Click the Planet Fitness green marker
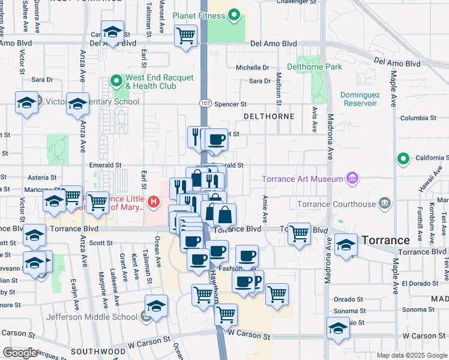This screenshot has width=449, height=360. pyautogui.click(x=235, y=15)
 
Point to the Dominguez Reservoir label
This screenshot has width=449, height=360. pyautogui.click(x=359, y=99)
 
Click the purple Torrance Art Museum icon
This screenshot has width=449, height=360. pyautogui.click(x=352, y=178)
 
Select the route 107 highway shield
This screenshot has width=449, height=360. pyautogui.click(x=205, y=104)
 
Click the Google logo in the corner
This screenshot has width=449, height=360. pyautogui.click(x=20, y=353)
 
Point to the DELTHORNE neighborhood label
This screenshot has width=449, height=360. pyautogui.click(x=268, y=116)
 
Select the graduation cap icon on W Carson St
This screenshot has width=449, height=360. pyautogui.click(x=339, y=328)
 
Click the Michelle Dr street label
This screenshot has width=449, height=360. pyautogui.click(x=252, y=68)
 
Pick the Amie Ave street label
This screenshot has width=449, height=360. pyautogui.click(x=265, y=208)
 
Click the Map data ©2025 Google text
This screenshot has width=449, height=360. pyautogui.click(x=412, y=355)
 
